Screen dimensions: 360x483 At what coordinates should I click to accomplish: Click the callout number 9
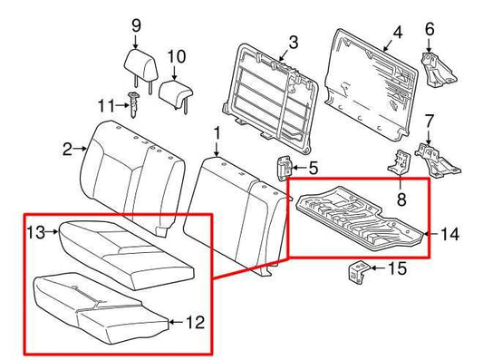click(x=137, y=26)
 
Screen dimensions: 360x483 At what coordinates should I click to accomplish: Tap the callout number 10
click(x=177, y=56)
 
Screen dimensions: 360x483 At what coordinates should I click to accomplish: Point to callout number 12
click(x=195, y=322)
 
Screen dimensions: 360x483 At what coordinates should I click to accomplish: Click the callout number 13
click(x=35, y=234)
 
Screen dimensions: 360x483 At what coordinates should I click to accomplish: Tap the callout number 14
click(x=449, y=234)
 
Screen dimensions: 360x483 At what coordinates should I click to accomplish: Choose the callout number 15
click(x=397, y=269)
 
